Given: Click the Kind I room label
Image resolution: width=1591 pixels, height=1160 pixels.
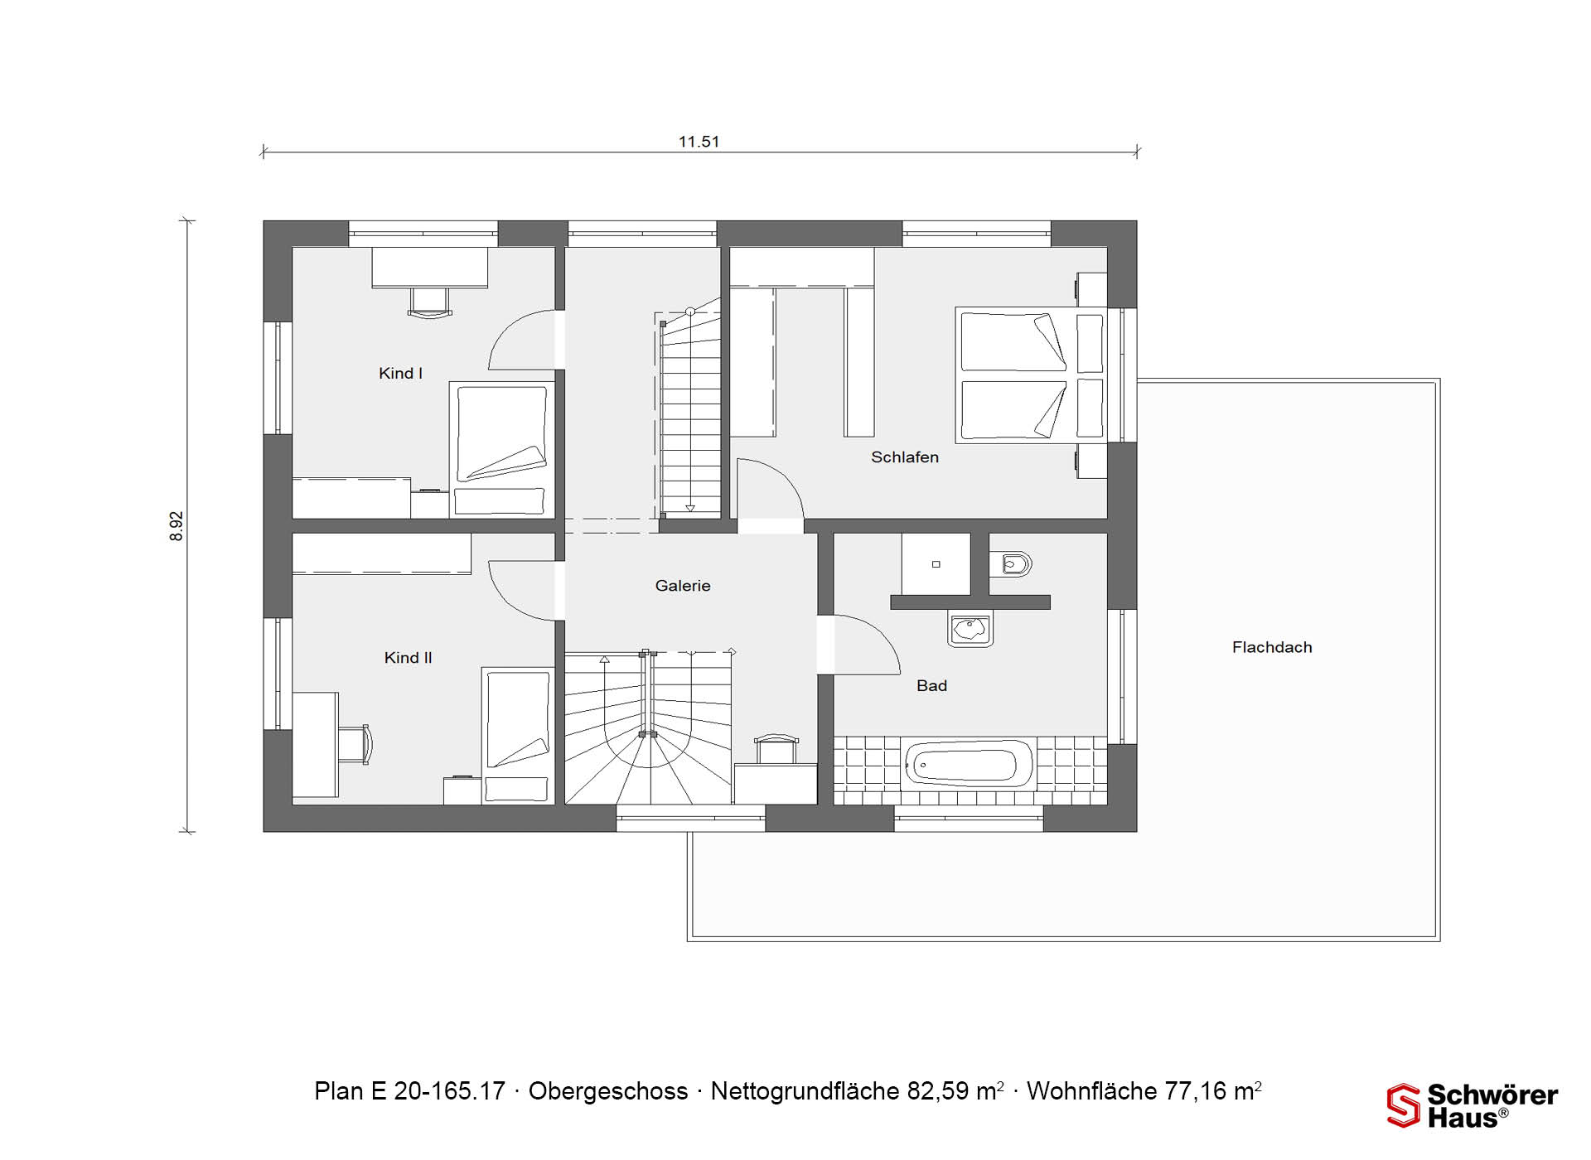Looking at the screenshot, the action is pyautogui.click(x=400, y=374).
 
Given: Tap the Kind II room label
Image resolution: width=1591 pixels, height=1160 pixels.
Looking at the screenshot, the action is pyautogui.click(x=408, y=658).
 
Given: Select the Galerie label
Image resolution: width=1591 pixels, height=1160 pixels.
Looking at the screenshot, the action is pyautogui.click(x=683, y=586).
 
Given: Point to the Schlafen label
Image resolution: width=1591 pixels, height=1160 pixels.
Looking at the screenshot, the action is pyautogui.click(x=905, y=457).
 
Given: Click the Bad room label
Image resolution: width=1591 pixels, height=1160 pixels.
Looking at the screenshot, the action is pyautogui.click(x=931, y=686).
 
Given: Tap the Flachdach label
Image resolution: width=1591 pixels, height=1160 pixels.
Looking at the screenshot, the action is pyautogui.click(x=1272, y=648).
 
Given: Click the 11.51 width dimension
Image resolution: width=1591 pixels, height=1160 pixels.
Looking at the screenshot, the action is pyautogui.click(x=699, y=142).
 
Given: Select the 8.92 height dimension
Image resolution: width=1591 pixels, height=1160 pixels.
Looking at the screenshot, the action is pyautogui.click(x=177, y=526).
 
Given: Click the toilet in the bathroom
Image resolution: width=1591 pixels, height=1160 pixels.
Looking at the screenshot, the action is pyautogui.click(x=1011, y=564).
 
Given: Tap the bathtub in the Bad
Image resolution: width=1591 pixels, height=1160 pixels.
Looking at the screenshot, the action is pyautogui.click(x=970, y=763).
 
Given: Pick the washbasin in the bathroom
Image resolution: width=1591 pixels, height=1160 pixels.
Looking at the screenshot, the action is pyautogui.click(x=970, y=630).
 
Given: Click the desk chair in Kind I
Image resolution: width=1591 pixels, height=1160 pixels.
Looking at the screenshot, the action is pyautogui.click(x=430, y=302).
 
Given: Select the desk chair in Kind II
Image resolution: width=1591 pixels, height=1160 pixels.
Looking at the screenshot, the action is pyautogui.click(x=355, y=744).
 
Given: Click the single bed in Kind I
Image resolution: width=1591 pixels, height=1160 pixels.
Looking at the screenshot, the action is pyautogui.click(x=501, y=450).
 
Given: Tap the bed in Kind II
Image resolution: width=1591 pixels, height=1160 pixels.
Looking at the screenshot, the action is pyautogui.click(x=518, y=735).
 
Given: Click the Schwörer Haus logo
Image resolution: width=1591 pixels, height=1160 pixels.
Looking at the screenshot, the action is pyautogui.click(x=1473, y=1106).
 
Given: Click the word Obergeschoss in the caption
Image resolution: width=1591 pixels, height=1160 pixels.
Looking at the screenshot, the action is pyautogui.click(x=608, y=1091).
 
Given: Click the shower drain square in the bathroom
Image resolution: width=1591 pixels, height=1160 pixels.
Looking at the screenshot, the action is pyautogui.click(x=936, y=564).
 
